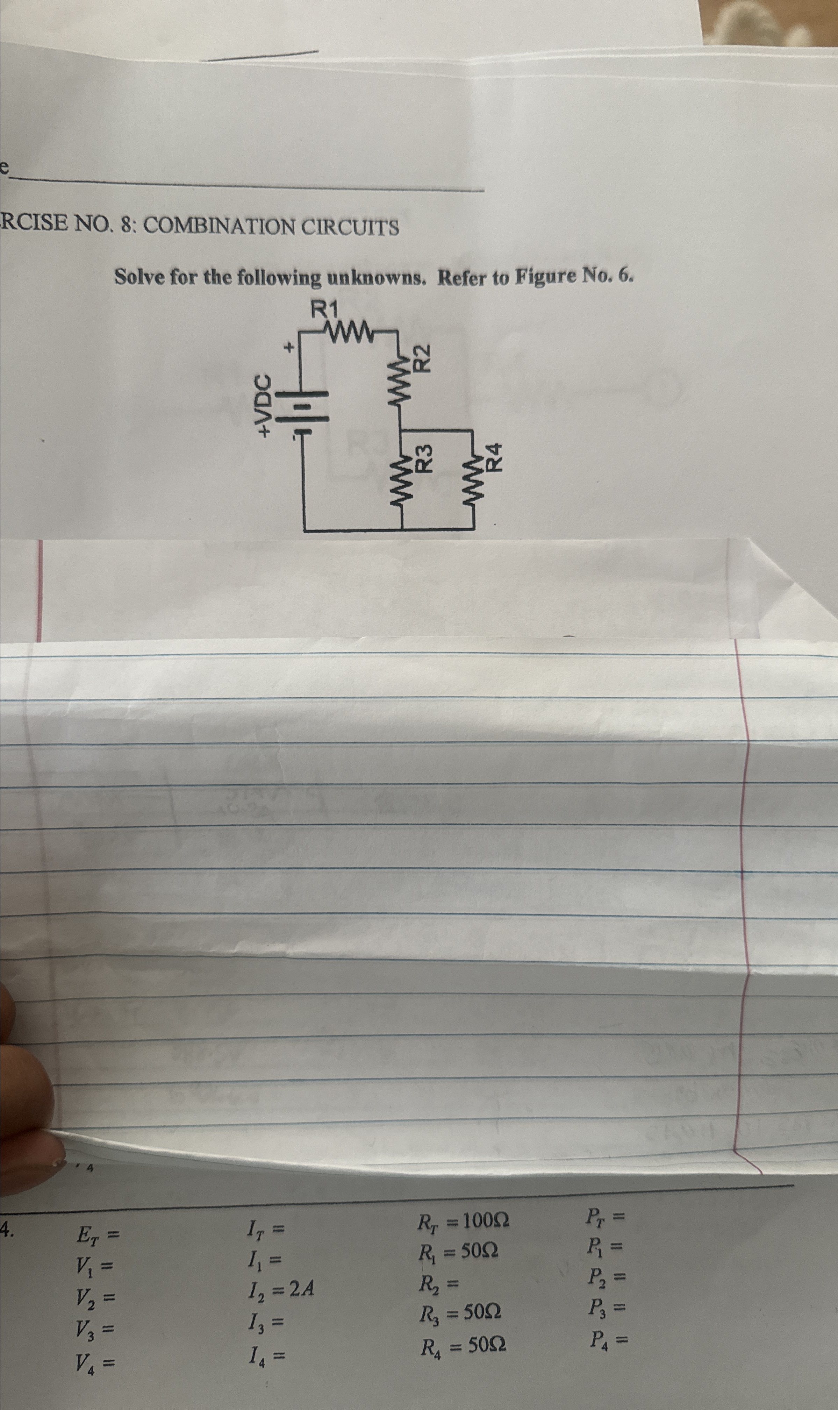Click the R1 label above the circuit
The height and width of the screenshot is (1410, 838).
coord(326,310)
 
